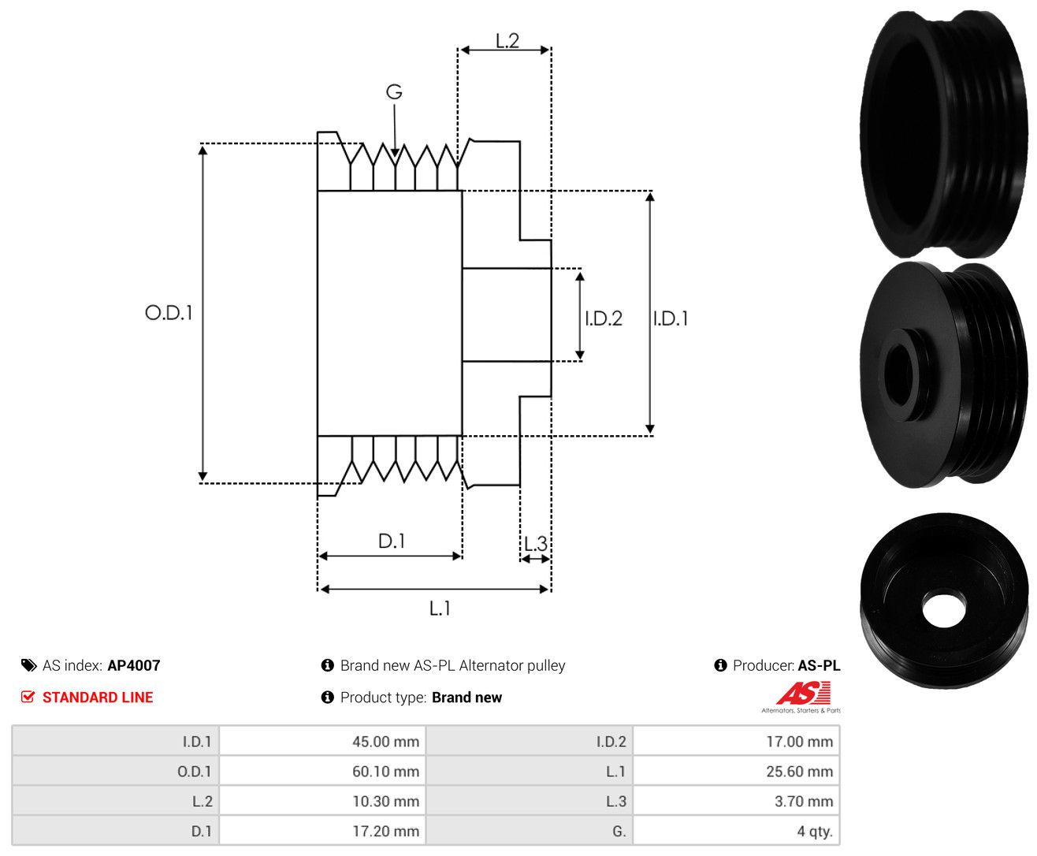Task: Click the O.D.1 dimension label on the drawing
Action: [169, 312]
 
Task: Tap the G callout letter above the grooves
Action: [394, 91]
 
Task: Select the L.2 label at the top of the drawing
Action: [507, 40]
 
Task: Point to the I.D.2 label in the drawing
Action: [604, 318]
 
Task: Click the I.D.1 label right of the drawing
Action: [671, 318]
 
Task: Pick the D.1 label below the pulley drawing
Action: [392, 541]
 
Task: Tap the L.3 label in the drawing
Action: [536, 544]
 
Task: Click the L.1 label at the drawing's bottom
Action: [440, 608]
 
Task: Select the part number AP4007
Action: [134, 665]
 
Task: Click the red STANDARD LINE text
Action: [98, 697]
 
